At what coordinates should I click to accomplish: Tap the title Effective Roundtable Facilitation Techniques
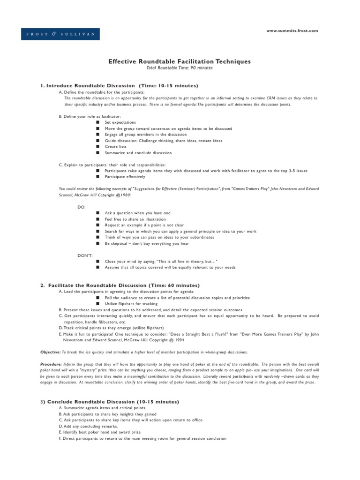[180, 61]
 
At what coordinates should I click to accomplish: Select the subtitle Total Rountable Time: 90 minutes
[180, 68]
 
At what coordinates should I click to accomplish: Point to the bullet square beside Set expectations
[97, 122]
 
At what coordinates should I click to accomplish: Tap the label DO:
[82, 207]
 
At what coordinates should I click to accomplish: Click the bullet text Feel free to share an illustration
[135, 219]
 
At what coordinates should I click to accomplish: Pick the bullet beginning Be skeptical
[147, 243]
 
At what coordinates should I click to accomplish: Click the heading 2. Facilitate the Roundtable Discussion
[120, 285]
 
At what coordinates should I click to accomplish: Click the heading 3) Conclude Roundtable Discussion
[110, 402]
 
